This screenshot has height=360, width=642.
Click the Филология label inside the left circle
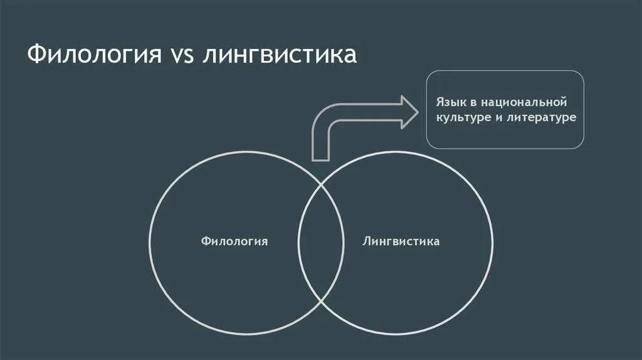click(x=234, y=241)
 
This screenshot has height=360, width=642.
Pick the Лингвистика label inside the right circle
click(x=401, y=241)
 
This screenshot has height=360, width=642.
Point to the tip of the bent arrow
click(x=418, y=112)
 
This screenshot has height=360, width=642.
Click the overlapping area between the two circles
click(x=320, y=241)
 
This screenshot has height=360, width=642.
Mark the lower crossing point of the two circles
click(x=321, y=301)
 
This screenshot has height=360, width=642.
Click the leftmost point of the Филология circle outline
click(x=149, y=241)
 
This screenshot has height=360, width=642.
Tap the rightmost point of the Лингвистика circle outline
click(x=493, y=241)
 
